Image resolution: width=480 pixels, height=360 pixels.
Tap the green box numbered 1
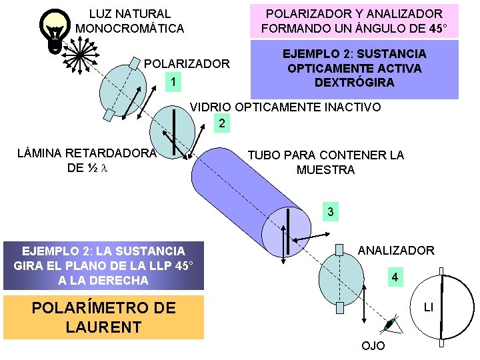pos(173,83)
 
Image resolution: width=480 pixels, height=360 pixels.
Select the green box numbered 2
pos(222,123)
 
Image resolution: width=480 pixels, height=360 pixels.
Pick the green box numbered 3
pos(330,213)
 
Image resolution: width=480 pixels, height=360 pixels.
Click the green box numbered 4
pos(395,276)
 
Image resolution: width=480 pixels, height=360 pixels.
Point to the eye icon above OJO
pos(389,325)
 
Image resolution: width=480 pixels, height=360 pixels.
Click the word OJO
pos(373,347)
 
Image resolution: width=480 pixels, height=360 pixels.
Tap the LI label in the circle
pos(429,307)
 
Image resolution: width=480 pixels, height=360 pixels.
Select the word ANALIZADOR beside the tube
pos(396,251)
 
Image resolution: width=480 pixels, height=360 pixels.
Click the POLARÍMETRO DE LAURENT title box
pos(103,317)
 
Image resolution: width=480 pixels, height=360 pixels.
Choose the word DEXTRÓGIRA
pos(354,83)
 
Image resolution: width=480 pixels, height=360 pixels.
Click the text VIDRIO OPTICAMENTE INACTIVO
pos(286,107)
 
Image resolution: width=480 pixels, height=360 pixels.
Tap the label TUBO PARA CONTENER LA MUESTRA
pos(325,163)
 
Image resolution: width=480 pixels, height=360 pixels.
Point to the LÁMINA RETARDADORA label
pos(86,160)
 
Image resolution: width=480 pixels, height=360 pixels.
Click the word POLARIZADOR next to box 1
pos(187,65)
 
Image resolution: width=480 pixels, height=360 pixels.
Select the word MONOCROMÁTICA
pos(130,29)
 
